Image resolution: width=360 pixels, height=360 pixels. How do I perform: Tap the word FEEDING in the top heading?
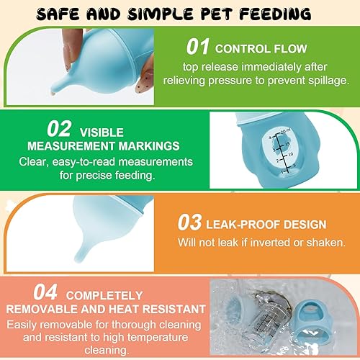tap(271, 13)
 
